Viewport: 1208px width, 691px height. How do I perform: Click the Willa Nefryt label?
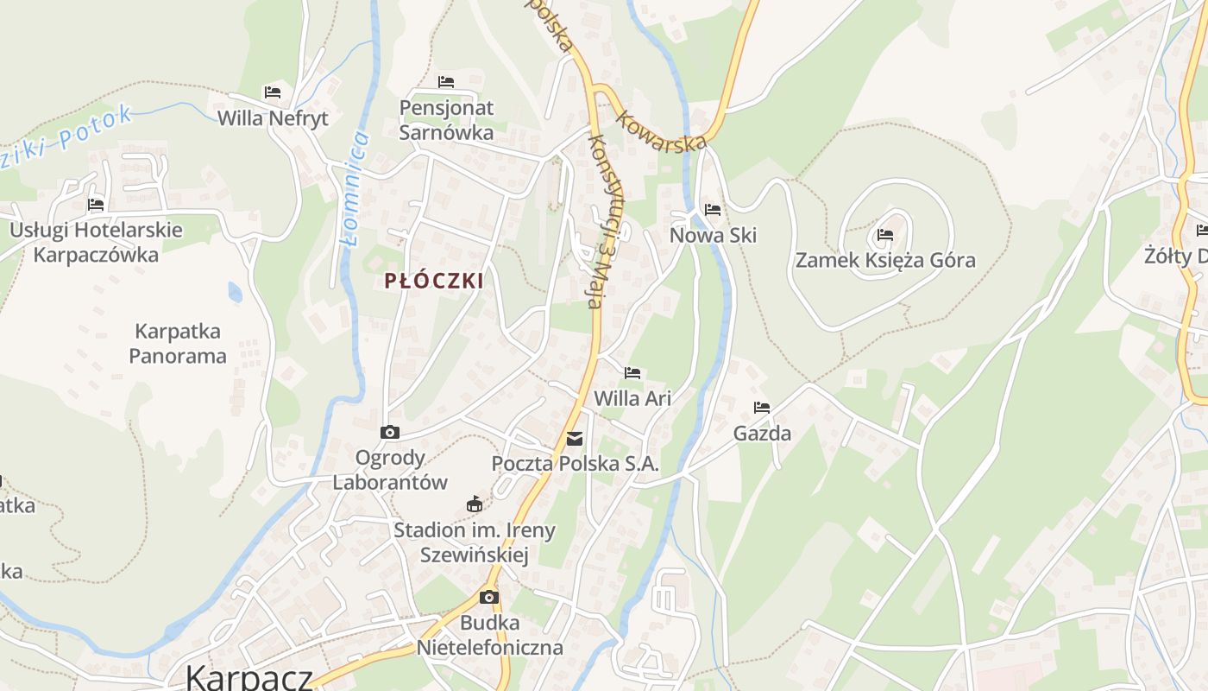[273, 118]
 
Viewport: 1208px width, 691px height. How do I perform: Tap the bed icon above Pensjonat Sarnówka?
[446, 82]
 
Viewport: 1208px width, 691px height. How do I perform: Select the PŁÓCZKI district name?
[434, 281]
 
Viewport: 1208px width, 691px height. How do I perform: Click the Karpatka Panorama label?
[178, 343]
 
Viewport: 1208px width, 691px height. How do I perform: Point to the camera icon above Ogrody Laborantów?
[390, 432]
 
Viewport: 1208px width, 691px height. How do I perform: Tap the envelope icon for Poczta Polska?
[575, 439]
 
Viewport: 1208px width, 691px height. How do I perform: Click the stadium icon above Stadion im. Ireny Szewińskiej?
[474, 504]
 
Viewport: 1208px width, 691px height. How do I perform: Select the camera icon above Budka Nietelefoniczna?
[489, 597]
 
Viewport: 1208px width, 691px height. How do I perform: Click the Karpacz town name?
[249, 677]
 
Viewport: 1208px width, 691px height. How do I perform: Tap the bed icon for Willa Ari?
[632, 373]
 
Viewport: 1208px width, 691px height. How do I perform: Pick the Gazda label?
[762, 433]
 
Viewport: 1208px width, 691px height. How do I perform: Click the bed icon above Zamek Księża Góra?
[885, 234]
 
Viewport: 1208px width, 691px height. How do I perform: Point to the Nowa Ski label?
[713, 235]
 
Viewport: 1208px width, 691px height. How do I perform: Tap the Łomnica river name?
[355, 188]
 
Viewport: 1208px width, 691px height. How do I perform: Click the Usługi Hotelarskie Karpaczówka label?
[96, 242]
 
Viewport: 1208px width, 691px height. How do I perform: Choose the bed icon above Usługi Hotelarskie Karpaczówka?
[96, 205]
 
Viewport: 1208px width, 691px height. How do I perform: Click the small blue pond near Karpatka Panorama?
[235, 292]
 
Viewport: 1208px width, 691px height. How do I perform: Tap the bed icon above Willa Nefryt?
[273, 92]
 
